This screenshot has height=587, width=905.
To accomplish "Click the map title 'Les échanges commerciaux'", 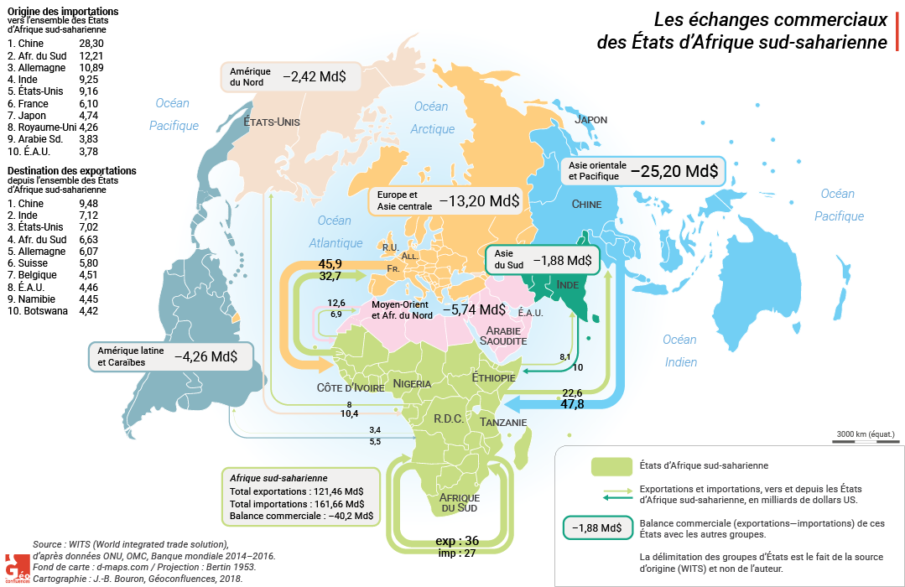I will click(x=769, y=18).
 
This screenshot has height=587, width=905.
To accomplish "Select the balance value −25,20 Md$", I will click(x=674, y=171).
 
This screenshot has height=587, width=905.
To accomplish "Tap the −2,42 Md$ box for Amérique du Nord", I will click(x=315, y=76).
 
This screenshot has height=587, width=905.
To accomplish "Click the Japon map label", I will click(x=590, y=120).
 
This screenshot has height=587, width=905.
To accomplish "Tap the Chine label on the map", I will click(x=586, y=204).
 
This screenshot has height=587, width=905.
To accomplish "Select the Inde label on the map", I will click(x=567, y=285).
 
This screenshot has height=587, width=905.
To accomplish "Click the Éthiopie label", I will click(x=493, y=378).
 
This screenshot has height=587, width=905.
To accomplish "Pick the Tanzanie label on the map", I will click(x=503, y=423).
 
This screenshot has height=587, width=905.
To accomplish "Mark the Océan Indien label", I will click(x=679, y=351).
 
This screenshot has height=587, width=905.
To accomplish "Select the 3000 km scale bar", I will click(x=864, y=439).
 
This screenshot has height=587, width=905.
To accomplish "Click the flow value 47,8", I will click(x=572, y=404).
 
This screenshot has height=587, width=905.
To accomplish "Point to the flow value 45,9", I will click(x=330, y=264).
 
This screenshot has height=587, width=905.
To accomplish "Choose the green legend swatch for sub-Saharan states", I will click(x=611, y=465).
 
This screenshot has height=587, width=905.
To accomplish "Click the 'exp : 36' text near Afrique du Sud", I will click(x=457, y=540).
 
